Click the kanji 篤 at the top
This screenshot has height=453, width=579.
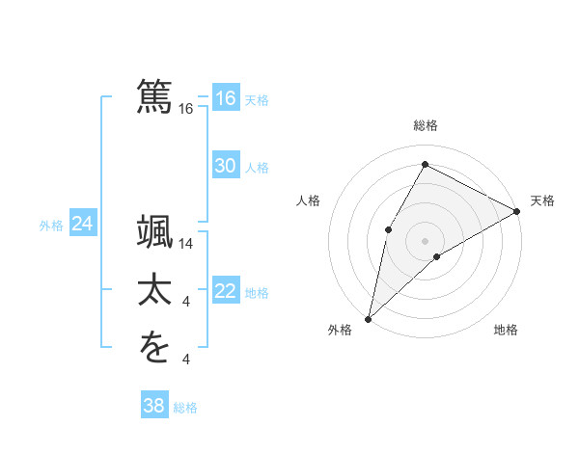(154, 95)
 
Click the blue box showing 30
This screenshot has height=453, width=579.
(225, 166)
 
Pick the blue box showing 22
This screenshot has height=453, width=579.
(225, 291)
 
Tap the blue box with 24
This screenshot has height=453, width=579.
(82, 224)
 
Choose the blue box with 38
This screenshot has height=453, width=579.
(153, 406)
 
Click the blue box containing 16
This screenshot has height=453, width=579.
(225, 98)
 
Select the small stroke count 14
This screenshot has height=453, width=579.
(187, 245)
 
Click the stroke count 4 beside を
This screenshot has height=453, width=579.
(186, 360)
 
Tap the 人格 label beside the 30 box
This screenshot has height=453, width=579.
(257, 168)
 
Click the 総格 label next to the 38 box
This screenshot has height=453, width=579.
(185, 408)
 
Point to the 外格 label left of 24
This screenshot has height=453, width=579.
(51, 226)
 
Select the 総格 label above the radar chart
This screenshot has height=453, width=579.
(425, 126)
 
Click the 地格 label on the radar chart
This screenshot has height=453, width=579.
(506, 331)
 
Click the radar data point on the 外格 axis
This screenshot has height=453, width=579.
(368, 318)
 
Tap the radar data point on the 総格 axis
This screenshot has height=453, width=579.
(425, 165)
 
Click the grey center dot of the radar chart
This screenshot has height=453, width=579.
(425, 240)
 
